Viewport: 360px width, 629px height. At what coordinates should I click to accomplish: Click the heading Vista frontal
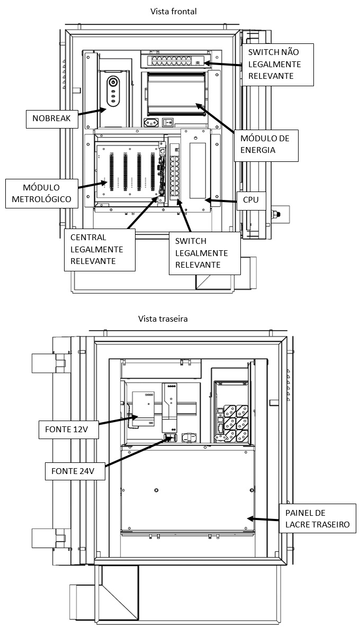coord(173,12)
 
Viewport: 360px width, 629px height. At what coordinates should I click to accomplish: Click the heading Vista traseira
coord(163,319)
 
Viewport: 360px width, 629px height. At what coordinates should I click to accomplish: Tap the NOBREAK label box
coord(52,118)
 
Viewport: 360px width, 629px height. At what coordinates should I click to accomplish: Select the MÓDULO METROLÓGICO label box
coord(41,193)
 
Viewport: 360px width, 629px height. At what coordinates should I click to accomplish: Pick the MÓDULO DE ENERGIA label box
coord(266,145)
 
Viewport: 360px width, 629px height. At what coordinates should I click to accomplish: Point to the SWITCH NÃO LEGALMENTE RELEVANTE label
coord(277,64)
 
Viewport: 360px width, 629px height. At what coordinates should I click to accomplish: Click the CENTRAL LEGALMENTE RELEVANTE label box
coord(99,250)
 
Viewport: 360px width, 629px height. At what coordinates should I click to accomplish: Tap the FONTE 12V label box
coord(68,429)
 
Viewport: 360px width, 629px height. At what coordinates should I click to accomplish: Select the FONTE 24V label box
coord(74,471)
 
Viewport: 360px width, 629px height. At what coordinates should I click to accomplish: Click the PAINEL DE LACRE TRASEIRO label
coord(318,518)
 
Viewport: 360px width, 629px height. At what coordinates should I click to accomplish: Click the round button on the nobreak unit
coord(113,83)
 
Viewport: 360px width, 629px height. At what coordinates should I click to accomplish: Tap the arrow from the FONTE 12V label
coord(119,421)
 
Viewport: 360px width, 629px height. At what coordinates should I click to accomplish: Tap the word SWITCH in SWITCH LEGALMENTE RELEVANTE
coord(191,241)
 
